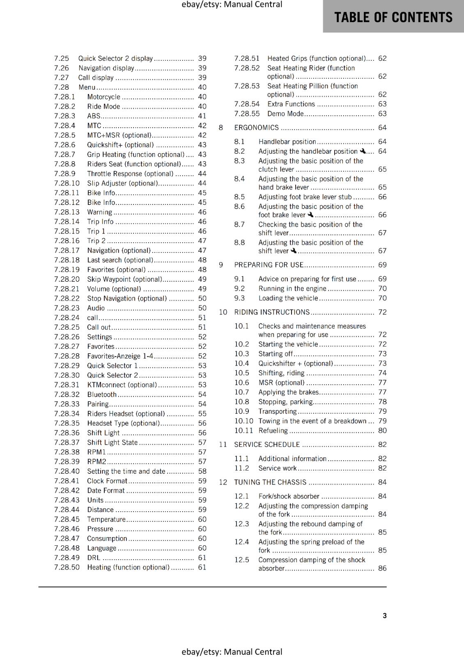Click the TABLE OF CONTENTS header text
click(393, 17)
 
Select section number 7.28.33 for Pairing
click(67, 404)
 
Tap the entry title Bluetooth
click(102, 395)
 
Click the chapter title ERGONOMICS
click(256, 128)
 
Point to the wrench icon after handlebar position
click(362, 151)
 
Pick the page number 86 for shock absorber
click(382, 568)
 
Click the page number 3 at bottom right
click(385, 616)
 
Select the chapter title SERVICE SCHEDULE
click(267, 445)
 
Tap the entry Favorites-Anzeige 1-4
click(120, 356)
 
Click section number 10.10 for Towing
click(243, 421)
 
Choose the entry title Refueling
click(273, 431)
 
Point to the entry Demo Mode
click(285, 114)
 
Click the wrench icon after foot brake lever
click(310, 215)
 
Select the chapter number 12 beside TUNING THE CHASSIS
click(223, 482)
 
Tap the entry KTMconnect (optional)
click(122, 385)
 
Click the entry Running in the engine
click(292, 289)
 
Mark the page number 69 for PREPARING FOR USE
click(382, 265)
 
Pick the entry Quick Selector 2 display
click(115, 59)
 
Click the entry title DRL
click(94, 558)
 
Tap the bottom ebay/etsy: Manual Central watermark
click(232, 652)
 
